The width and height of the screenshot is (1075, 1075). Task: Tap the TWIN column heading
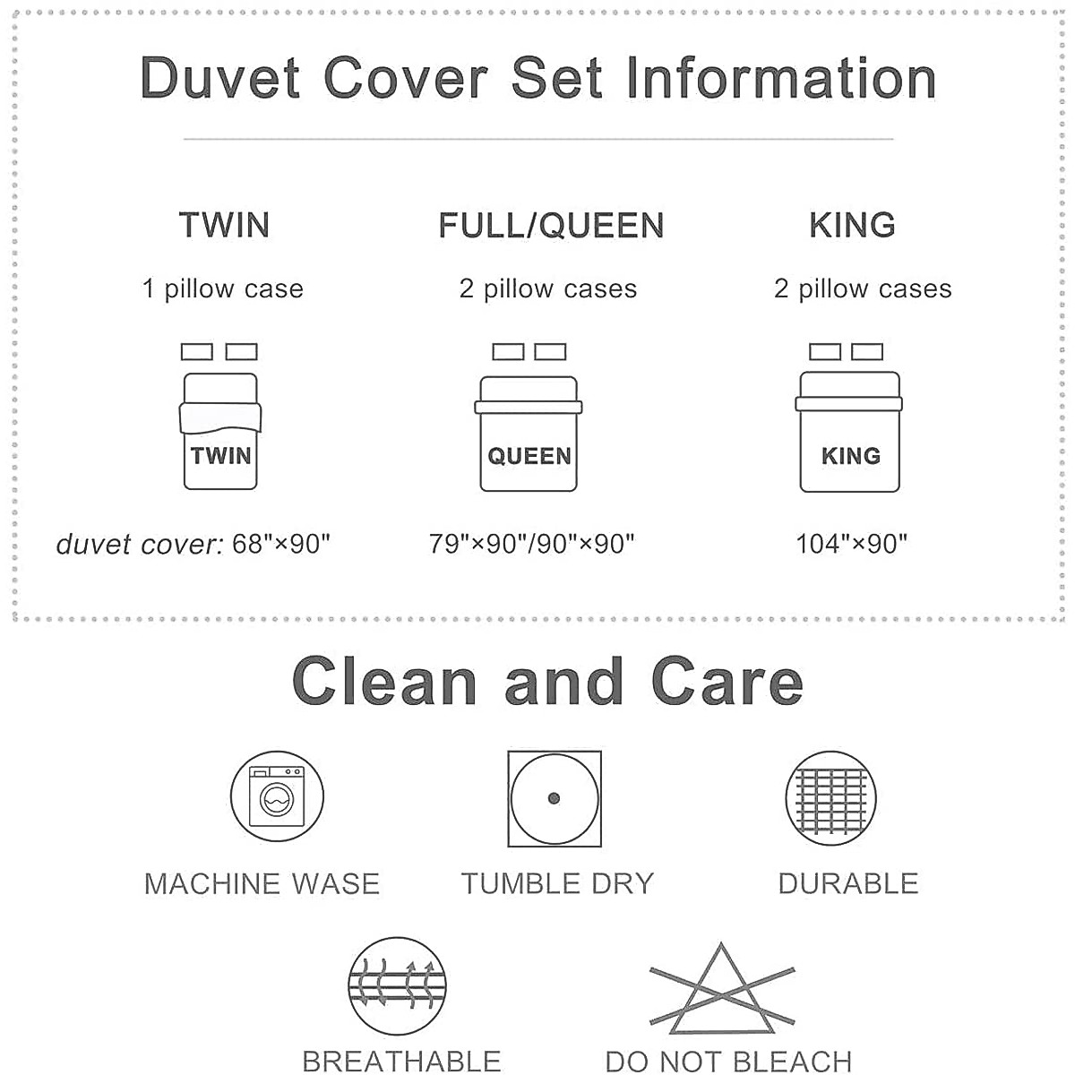click(224, 225)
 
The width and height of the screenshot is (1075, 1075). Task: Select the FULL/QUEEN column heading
click(551, 226)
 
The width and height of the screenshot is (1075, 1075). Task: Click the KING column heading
click(852, 225)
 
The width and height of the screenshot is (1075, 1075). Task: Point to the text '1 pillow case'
click(222, 289)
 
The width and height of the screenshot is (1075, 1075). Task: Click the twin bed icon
click(220, 417)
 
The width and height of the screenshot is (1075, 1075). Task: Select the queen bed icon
click(529, 417)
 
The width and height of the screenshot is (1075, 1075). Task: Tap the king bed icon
click(848, 417)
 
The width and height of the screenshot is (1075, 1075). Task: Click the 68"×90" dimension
click(280, 544)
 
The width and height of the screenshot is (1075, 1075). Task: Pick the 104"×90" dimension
click(851, 544)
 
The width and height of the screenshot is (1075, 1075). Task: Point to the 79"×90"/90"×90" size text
click(531, 544)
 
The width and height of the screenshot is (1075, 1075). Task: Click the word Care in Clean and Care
click(727, 681)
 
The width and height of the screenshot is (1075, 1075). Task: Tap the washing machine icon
click(277, 796)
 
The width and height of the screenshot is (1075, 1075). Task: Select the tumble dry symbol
click(554, 798)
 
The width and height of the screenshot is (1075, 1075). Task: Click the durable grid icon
click(830, 798)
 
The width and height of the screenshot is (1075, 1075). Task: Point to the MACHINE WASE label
click(262, 883)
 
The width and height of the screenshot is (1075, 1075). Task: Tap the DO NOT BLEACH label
click(728, 1061)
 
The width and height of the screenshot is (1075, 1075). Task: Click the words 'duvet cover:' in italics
click(140, 544)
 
